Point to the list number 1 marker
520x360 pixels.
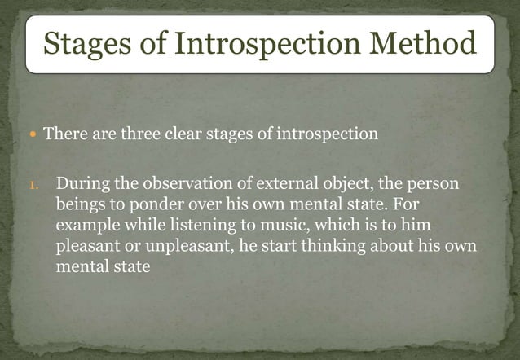(33, 185)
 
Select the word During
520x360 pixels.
(83, 184)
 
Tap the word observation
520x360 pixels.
(186, 184)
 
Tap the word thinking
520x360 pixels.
(315, 245)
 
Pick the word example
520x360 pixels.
(85, 225)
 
